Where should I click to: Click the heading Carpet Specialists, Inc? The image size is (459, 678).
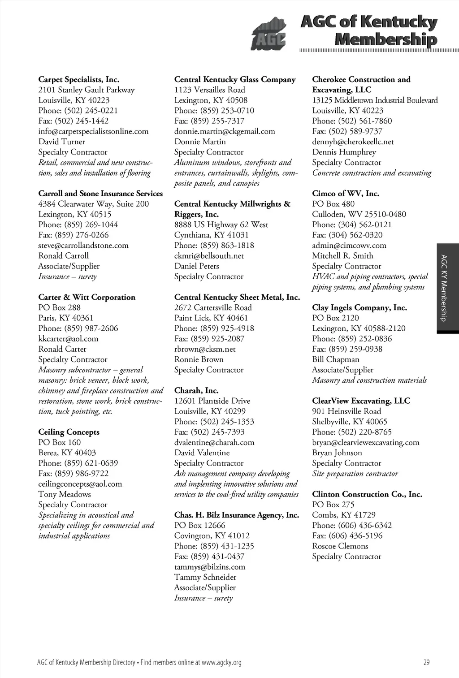[79, 80]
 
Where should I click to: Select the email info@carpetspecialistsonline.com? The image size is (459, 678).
[93, 131]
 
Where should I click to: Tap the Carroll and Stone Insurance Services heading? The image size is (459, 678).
[100, 194]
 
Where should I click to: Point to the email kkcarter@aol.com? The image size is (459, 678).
[68, 339]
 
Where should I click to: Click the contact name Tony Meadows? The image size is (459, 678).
[65, 494]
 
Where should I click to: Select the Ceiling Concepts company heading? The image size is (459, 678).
[69, 432]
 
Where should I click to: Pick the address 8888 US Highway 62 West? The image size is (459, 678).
[221, 225]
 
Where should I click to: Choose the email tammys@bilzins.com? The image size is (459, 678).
[210, 567]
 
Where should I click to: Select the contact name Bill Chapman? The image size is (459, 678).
[336, 359]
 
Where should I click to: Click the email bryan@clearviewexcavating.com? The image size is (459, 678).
[366, 442]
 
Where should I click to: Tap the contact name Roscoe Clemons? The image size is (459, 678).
[340, 546]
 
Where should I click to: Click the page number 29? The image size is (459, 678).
[426, 662]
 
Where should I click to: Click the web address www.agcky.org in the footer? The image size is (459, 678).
[221, 662]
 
